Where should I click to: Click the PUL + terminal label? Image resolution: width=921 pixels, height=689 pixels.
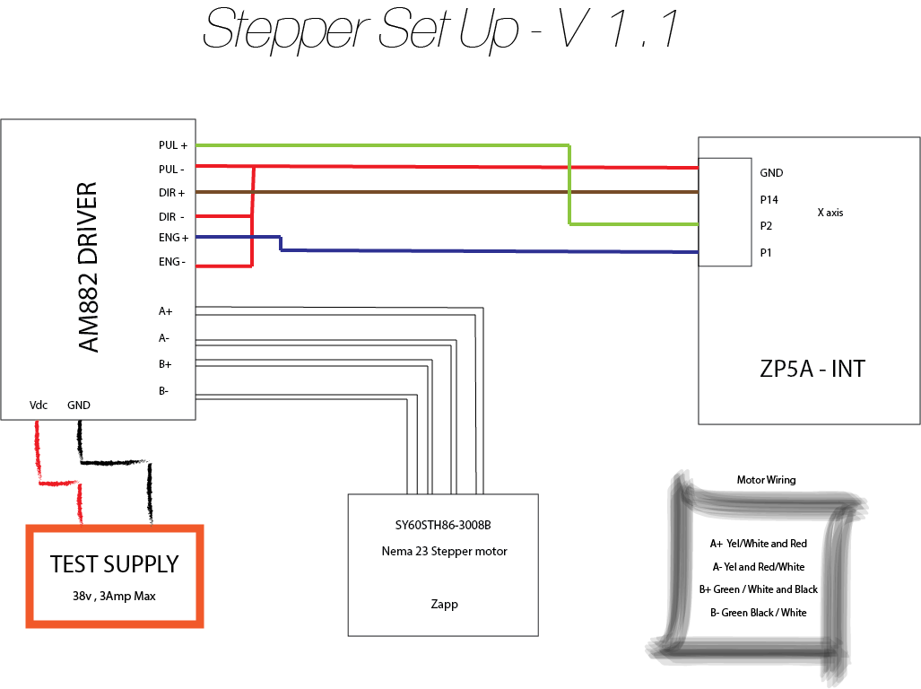(172, 145)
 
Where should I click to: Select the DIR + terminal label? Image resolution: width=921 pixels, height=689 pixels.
(171, 193)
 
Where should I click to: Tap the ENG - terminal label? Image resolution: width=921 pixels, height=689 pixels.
(172, 262)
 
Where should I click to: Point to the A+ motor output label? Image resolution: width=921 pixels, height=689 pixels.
(165, 311)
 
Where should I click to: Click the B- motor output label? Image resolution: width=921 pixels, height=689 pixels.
(164, 391)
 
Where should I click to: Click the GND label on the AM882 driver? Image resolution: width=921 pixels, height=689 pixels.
(79, 406)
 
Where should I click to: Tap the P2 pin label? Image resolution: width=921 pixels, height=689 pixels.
(766, 226)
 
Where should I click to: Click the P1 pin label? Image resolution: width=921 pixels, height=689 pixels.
(766, 253)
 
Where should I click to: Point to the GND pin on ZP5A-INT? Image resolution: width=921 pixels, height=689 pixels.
(771, 173)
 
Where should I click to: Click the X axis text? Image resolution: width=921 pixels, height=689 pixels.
(830, 214)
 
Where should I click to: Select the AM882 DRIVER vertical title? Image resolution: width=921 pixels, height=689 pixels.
(88, 268)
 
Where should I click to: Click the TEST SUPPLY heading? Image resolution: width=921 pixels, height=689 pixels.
(115, 564)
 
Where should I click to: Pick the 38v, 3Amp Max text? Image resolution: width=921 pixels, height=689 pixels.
(114, 596)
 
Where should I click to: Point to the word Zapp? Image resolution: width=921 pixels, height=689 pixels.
(444, 604)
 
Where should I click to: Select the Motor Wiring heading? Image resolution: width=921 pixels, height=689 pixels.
(766, 480)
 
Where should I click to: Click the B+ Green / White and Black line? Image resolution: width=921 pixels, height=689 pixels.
(758, 589)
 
